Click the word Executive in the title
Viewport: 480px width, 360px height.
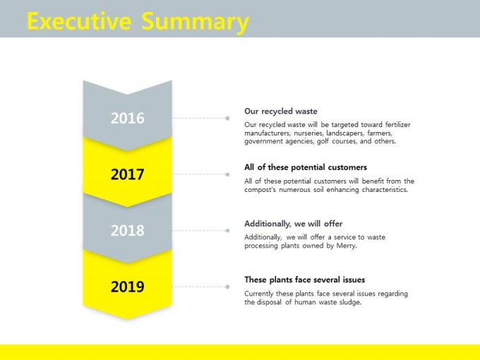pos(79,20)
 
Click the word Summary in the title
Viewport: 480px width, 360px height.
pos(196,23)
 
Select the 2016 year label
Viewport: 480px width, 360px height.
pos(127,118)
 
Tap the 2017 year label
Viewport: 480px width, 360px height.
pos(127,174)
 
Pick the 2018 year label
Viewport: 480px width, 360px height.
pos(127,231)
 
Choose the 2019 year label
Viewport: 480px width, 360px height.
pos(127,287)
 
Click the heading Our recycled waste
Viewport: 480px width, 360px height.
pos(281,112)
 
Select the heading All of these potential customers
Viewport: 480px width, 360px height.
pos(306,167)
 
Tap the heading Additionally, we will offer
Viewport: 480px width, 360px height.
pos(293,224)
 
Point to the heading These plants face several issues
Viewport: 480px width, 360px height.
pos(305,280)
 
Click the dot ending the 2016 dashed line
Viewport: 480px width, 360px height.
pos(227,118)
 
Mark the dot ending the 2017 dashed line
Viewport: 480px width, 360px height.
pos(227,174)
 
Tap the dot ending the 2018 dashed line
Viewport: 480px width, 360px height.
pos(227,231)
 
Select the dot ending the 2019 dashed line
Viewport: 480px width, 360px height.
pos(227,287)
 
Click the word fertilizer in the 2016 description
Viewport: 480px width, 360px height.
pos(397,125)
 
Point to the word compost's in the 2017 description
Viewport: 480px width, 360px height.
pos(260,190)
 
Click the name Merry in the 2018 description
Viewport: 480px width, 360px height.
pos(347,246)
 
